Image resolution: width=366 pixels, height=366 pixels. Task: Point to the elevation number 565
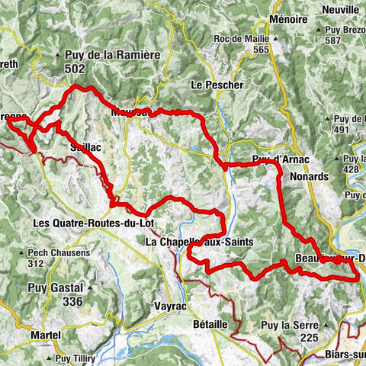(x=262, y=50)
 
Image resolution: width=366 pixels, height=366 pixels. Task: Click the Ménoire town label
(x=288, y=18)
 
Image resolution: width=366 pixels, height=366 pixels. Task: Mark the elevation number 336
(x=72, y=302)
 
